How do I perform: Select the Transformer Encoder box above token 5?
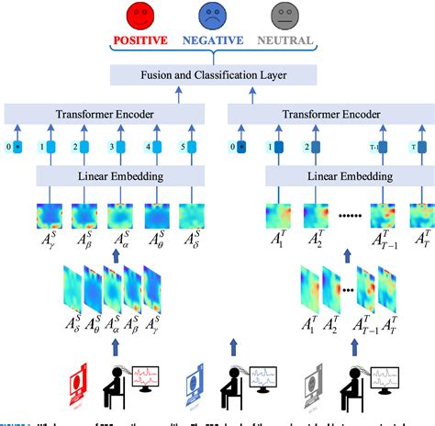(106, 114)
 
